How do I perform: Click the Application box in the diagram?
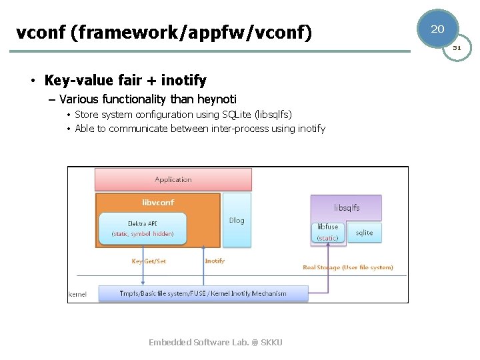173,179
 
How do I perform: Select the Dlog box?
237,220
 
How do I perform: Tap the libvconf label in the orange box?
158,203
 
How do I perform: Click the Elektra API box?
142,229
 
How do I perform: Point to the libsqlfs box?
347,207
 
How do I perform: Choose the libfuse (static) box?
328,232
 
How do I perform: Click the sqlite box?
364,233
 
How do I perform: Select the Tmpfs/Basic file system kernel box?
203,293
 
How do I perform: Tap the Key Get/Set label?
149,261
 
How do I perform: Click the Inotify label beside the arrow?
215,261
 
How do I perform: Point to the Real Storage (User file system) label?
348,267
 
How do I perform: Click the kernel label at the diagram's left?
78,294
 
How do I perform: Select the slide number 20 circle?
437,29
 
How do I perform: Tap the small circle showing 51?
457,48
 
